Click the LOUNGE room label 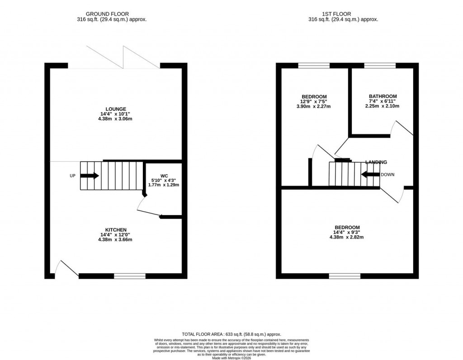[x=116, y=109]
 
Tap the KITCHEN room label [x=116, y=229]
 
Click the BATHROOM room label [x=383, y=96]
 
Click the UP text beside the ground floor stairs [x=72, y=176]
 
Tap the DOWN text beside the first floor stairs [x=387, y=175]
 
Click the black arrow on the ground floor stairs [x=90, y=176]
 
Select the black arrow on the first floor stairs [x=370, y=175]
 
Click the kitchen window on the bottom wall [x=129, y=276]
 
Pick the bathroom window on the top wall [x=380, y=65]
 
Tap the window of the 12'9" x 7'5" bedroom [x=314, y=65]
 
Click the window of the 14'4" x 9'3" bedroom [x=345, y=276]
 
